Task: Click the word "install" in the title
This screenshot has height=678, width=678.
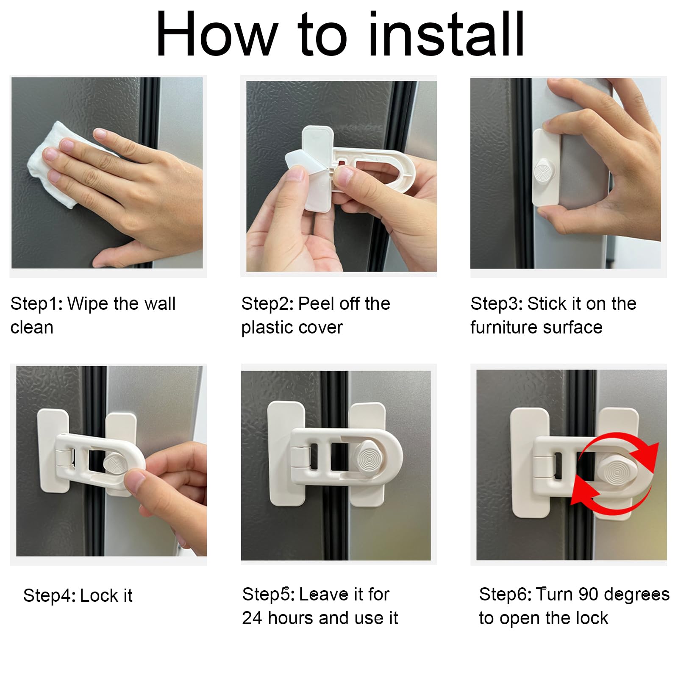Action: (x=447, y=34)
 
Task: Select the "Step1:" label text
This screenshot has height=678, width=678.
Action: (x=36, y=303)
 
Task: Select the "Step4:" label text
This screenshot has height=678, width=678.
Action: (x=49, y=595)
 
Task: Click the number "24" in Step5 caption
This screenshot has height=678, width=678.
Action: (x=252, y=618)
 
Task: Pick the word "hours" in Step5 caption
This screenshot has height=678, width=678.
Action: (x=291, y=618)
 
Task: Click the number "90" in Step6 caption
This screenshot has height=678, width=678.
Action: (x=589, y=594)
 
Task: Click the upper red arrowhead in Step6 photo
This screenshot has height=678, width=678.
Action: (x=645, y=456)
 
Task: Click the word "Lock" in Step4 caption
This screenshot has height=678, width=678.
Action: (x=97, y=595)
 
